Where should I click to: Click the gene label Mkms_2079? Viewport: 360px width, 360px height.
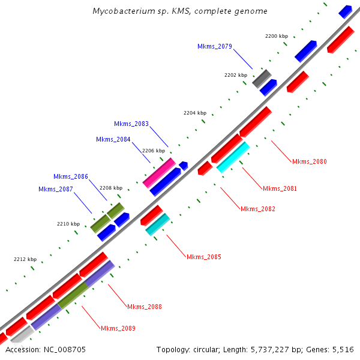pos(214,46)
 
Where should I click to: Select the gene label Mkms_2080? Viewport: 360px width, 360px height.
pos(310,161)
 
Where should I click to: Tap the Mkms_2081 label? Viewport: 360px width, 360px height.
pos(280,188)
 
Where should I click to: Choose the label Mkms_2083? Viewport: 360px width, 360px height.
pos(131,124)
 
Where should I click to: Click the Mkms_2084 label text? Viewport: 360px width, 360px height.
pos(113,139)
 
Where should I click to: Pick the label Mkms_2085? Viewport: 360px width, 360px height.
pos(203,257)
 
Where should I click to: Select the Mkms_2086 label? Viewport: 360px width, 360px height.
pos(71,176)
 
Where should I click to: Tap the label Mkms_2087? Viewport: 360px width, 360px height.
pos(56,190)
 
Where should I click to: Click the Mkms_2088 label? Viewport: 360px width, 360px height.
pos(145,307)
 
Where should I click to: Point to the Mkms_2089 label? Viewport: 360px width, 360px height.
pos(118,328)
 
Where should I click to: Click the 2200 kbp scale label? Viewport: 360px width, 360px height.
pos(277,37)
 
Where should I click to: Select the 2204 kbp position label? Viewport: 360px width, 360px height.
pos(194,113)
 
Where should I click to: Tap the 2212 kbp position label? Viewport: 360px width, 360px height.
pos(25,259)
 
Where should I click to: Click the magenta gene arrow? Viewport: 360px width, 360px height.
pos(159,173)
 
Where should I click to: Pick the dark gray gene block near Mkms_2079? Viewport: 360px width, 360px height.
pos(262,78)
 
